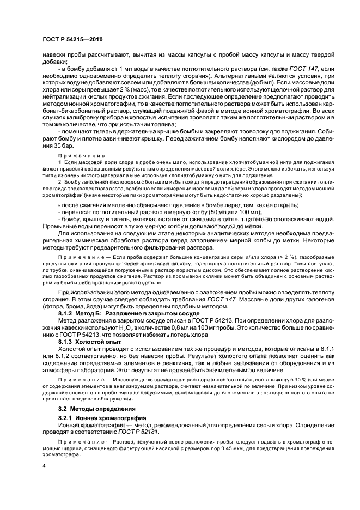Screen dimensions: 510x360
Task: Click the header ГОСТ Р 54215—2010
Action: (72, 40)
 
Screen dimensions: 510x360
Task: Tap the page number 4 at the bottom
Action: (44, 466)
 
